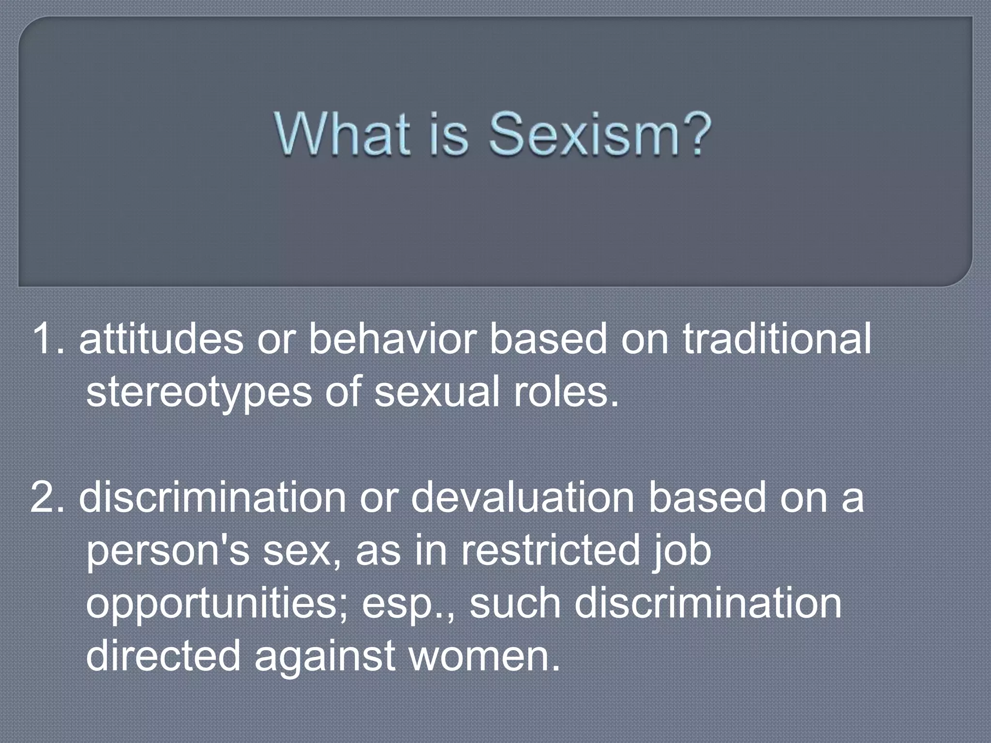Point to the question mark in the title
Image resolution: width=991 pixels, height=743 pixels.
pos(695,133)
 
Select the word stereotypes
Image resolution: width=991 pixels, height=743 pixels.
pos(198,392)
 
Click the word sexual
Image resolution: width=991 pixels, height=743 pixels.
pos(437,392)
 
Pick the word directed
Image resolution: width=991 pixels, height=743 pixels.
pos(163,656)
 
